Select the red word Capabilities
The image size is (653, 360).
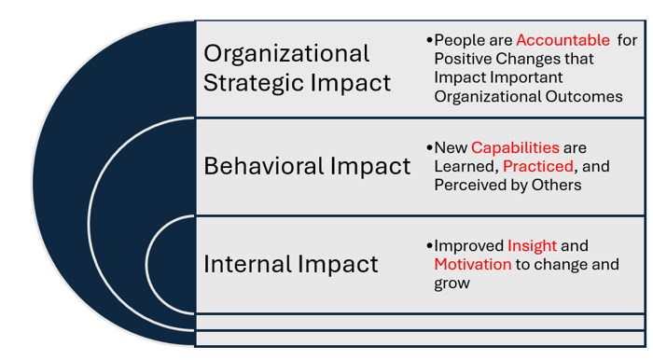coord(515,147)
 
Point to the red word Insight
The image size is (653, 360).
coord(532,245)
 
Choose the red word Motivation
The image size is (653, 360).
coord(473,264)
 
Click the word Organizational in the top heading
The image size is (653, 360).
coord(286,53)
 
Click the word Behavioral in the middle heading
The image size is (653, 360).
coord(263,166)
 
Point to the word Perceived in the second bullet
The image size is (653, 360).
coord(470,185)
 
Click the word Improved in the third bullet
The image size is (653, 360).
coord(468,245)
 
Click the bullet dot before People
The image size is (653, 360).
coord(429,41)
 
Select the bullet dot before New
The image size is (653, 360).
coord(429,147)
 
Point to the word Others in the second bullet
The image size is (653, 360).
coord(557,185)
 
